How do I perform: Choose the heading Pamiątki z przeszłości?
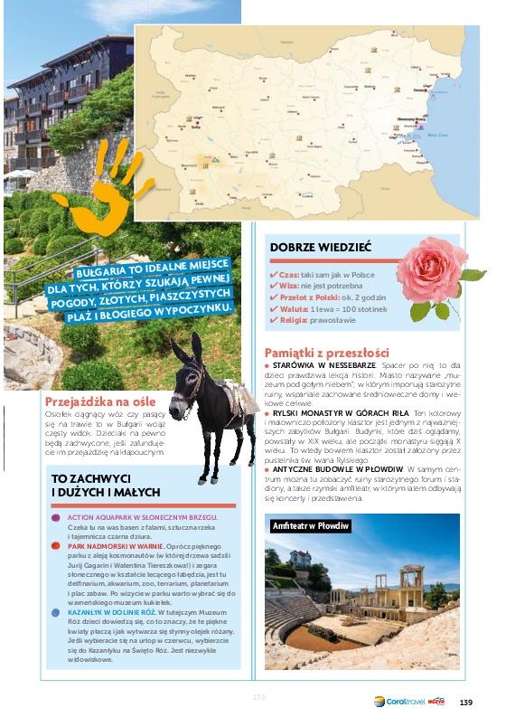pyautogui.click(x=326, y=352)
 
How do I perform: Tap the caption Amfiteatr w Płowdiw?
pyautogui.click(x=311, y=525)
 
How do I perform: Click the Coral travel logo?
pyautogui.click(x=398, y=702)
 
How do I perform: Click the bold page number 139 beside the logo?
pyautogui.click(x=466, y=703)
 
